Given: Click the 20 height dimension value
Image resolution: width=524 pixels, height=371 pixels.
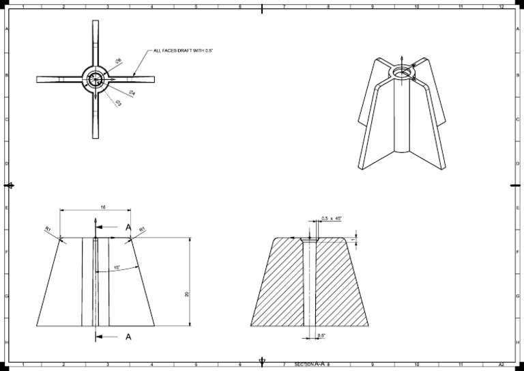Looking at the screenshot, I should pyautogui.click(x=187, y=294).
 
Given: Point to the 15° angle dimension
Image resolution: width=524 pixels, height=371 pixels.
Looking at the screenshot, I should pyautogui.click(x=117, y=267).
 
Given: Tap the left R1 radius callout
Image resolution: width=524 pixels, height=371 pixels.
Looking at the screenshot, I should pyautogui.click(x=48, y=229).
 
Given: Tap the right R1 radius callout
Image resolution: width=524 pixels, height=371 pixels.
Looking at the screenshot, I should pyautogui.click(x=142, y=229).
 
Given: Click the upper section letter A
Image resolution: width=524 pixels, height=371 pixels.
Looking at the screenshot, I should pyautogui.click(x=128, y=227).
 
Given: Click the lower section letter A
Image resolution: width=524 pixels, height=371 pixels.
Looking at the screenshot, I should pyautogui.click(x=128, y=336).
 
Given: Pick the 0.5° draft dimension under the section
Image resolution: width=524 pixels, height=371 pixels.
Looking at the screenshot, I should pyautogui.click(x=321, y=335).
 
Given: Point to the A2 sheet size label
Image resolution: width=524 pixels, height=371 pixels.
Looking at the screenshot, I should pyautogui.click(x=501, y=364).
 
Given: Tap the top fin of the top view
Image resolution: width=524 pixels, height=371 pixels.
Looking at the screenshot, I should pyautogui.click(x=95, y=41).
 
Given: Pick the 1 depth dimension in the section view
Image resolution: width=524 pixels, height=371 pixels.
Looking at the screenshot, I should pyautogui.click(x=353, y=240).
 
